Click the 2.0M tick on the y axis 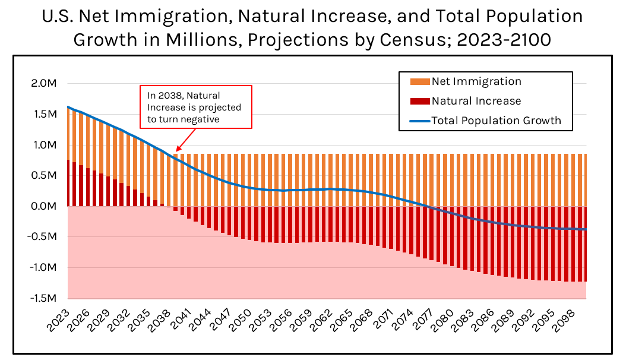pos(43,83)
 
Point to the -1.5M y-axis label pos(41,298)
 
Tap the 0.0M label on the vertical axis pos(43,206)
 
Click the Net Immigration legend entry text pos(476,81)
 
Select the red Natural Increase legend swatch pos(419,101)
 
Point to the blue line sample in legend pos(419,121)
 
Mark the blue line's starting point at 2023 pos(68,107)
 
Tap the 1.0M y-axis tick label pos(43,145)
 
